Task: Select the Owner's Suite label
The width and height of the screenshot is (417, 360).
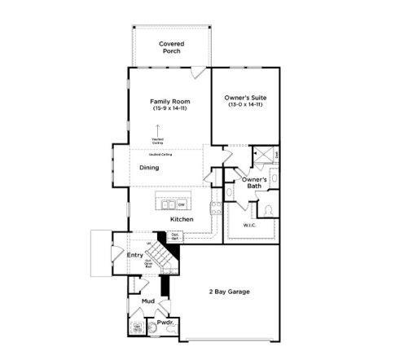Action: click(x=245, y=98)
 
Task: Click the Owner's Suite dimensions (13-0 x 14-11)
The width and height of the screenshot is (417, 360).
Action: click(x=245, y=105)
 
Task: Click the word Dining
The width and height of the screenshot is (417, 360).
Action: click(x=148, y=168)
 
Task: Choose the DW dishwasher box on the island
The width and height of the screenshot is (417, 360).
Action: click(x=182, y=204)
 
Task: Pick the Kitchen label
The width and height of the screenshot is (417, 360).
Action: click(x=181, y=220)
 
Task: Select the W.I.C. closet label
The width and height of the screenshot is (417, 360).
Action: click(x=249, y=224)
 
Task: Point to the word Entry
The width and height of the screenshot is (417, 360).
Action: click(x=135, y=255)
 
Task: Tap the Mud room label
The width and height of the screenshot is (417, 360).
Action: click(x=147, y=301)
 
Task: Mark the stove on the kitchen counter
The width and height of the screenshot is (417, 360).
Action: click(x=215, y=207)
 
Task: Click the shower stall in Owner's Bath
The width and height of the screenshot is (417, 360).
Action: click(x=263, y=154)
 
